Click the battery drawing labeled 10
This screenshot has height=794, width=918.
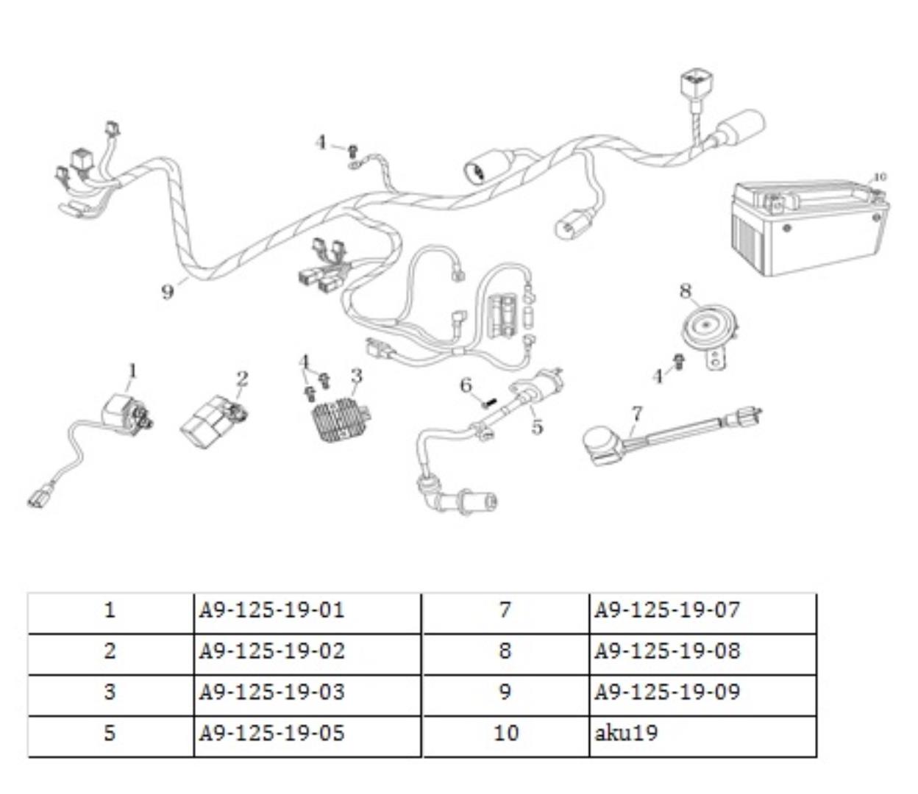pos(808,227)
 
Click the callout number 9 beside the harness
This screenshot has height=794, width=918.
pos(168,292)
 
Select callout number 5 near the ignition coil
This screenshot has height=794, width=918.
pos(538,426)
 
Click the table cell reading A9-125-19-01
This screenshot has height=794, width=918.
pos(307,610)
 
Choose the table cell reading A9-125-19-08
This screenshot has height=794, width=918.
pos(702,651)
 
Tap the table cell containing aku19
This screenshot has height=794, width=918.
pos(702,733)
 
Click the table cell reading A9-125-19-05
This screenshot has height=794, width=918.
pos(307,733)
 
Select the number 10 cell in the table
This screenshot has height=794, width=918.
pos(506,733)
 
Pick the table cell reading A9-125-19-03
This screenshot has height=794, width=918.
pos(307,693)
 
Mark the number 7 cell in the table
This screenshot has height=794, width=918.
pos(506,610)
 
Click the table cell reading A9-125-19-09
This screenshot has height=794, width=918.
pos(702,693)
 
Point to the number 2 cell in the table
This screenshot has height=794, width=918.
pos(110,651)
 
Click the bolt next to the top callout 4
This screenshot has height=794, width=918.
pos(352,151)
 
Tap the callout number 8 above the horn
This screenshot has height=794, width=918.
pos(686,291)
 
